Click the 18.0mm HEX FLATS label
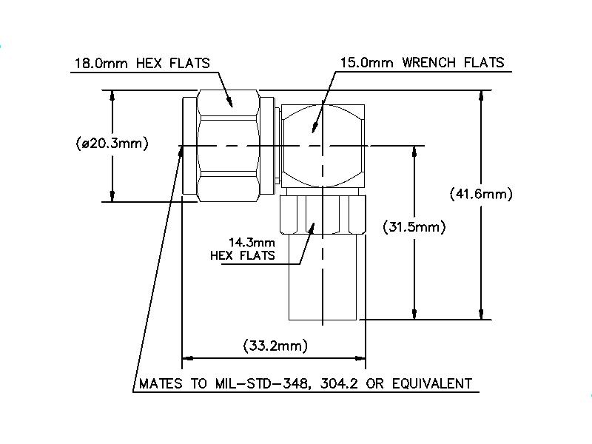tap(141, 63)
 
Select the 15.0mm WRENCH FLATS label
tap(422, 62)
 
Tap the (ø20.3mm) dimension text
tap(112, 143)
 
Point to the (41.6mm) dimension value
tap(481, 195)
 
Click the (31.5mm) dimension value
tap(414, 227)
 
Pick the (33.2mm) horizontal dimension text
tap(275, 346)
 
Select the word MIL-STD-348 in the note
tap(267, 383)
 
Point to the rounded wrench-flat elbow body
tap(323, 144)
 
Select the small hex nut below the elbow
tap(323, 215)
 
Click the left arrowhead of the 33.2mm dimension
tap(186, 359)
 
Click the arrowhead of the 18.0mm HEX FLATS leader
tap(232, 106)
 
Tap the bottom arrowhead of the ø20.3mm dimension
tap(112, 197)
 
